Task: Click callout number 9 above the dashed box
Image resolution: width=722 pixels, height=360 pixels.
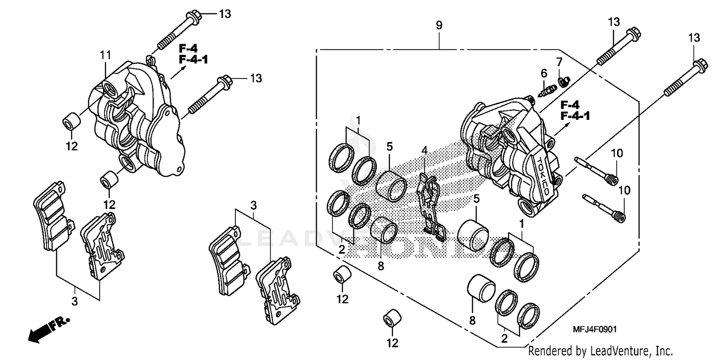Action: coord(438,26)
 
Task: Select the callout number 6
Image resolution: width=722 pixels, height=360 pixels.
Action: coord(544,74)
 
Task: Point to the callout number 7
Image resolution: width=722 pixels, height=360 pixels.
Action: coord(559,62)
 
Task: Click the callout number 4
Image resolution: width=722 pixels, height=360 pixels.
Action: coord(424,151)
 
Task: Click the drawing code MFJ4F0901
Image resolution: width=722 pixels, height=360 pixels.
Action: coord(594,329)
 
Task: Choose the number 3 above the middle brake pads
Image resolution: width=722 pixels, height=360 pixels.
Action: coord(253,206)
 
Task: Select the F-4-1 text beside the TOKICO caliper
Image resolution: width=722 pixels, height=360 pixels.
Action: coord(576,116)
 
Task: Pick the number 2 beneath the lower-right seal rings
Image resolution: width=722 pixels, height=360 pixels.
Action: coord(504,338)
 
